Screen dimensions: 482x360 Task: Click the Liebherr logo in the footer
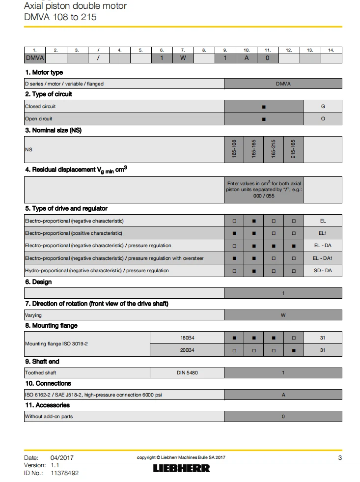pyautogui.click(x=181, y=468)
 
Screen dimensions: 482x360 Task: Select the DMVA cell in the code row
pyautogui.click(x=35, y=58)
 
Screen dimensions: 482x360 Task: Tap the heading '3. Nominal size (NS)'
pyautogui.click(x=53, y=130)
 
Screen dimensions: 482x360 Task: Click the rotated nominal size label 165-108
pyautogui.click(x=234, y=149)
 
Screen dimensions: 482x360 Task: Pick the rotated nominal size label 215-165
pyautogui.click(x=293, y=149)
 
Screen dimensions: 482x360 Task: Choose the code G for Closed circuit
pyautogui.click(x=323, y=106)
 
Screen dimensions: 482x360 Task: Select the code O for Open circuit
pyautogui.click(x=323, y=118)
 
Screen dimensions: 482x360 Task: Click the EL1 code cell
pyautogui.click(x=322, y=233)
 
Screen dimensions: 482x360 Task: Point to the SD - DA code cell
pyautogui.click(x=322, y=270)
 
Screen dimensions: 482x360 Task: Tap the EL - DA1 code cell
pyautogui.click(x=322, y=258)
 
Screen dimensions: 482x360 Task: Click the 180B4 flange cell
pyautogui.click(x=187, y=338)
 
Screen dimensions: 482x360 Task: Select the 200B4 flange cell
pyautogui.click(x=187, y=350)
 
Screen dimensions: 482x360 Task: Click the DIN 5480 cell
pyautogui.click(x=187, y=373)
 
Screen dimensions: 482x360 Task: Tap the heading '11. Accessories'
pyautogui.click(x=47, y=405)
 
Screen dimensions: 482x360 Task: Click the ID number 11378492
pyautogui.click(x=64, y=473)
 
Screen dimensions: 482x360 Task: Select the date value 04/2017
pyautogui.click(x=61, y=458)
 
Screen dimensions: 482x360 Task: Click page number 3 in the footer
pyautogui.click(x=340, y=458)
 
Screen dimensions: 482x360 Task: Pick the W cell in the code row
pyautogui.click(x=183, y=58)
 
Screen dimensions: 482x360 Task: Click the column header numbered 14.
pyautogui.click(x=331, y=50)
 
